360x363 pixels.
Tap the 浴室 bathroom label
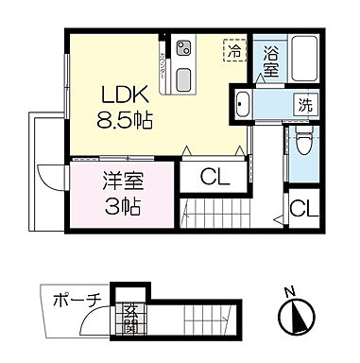[x=270, y=63]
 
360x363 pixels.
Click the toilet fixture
[x=302, y=142]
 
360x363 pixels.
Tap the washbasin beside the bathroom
[x=242, y=106]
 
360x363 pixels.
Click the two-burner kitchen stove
[x=183, y=46]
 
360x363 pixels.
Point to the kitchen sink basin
[x=182, y=78]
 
